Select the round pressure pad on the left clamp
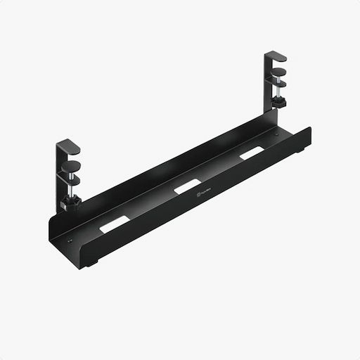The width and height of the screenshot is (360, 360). click(x=73, y=168)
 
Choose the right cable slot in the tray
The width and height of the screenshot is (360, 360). click(x=252, y=153)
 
